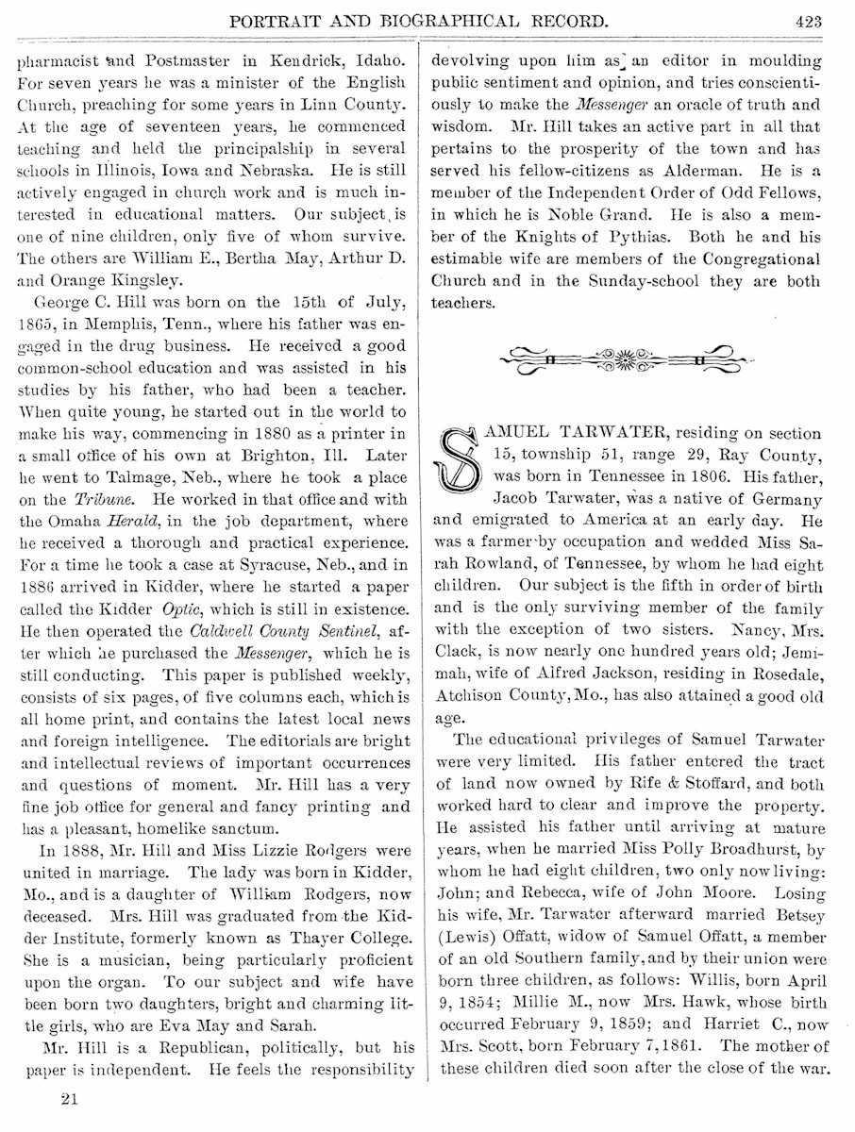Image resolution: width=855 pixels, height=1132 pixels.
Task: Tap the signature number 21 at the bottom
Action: [68, 1098]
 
